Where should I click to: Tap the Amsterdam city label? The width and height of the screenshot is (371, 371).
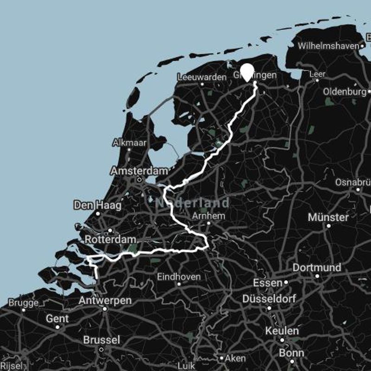[139, 171]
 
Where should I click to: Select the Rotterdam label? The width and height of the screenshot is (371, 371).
[110, 240]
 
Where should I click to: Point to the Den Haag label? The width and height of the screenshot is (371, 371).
[97, 205]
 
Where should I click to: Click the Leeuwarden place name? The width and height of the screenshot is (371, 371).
[202, 77]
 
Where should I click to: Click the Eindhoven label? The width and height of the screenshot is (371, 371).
[179, 277]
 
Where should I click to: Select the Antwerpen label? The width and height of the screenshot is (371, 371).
[105, 301]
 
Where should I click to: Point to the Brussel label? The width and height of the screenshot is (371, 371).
[102, 340]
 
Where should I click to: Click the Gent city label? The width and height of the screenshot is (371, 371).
[58, 319]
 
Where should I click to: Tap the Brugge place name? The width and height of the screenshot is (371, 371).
[23, 303]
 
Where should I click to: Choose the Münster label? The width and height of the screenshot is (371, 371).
[328, 217]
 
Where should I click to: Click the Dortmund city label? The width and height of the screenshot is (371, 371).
[317, 268]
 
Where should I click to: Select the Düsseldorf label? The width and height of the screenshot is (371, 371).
[269, 298]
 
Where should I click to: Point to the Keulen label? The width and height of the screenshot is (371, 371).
[282, 331]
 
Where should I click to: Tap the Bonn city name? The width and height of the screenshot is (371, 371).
[291, 353]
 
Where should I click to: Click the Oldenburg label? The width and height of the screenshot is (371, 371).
[345, 91]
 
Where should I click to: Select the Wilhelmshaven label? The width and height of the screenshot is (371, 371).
[328, 46]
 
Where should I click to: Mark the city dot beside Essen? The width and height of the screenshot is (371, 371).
[286, 282]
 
